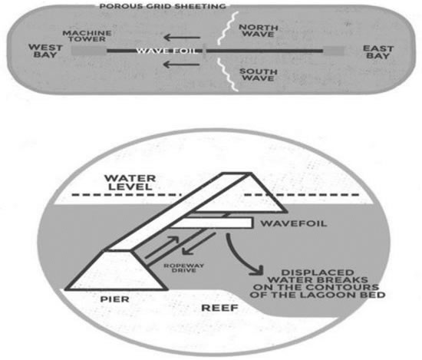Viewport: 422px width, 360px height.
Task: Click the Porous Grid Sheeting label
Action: pos(163,6)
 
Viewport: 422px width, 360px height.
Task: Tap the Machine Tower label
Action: pos(87,36)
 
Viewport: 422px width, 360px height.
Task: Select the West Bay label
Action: pos(45,51)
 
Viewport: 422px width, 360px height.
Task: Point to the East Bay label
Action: pos(378,52)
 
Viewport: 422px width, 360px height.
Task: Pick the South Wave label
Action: pos(258,75)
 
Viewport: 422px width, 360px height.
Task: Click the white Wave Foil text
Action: pos(166,51)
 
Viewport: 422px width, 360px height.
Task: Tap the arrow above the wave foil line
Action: pos(182,38)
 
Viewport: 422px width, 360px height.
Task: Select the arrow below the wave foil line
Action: pos(182,64)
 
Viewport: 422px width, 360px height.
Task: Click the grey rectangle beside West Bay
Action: pos(89,51)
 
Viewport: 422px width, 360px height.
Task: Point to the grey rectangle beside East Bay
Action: pos(334,51)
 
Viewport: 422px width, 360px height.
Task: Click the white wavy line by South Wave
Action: pos(228,74)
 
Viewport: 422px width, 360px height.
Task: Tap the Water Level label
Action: pos(130,183)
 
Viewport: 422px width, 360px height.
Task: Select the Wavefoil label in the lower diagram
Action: pos(294,223)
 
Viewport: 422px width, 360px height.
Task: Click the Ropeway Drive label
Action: pos(184,268)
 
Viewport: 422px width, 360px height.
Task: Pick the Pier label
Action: pos(114,299)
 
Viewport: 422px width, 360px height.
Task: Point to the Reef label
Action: pos(219,308)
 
